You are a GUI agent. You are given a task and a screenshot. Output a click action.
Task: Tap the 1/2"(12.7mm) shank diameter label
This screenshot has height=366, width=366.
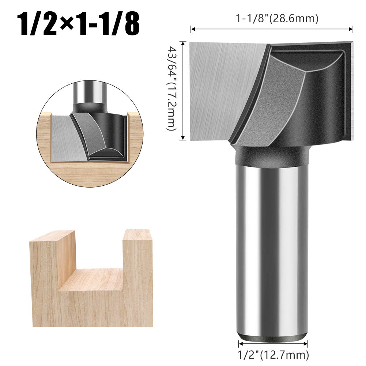273,354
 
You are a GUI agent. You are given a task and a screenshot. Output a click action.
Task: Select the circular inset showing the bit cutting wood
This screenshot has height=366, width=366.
90,133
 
